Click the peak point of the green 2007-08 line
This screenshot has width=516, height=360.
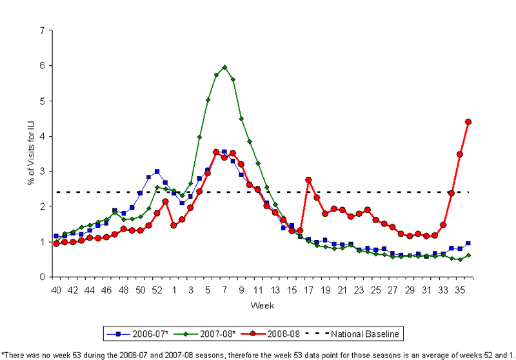pos(224,67)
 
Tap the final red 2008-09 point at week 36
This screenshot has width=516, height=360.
pos(468,122)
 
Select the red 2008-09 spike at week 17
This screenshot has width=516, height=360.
pos(308,180)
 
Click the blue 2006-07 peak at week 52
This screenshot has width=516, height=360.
pos(157,172)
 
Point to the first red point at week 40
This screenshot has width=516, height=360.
pos(56,244)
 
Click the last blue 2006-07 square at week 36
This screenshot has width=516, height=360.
pos(468,243)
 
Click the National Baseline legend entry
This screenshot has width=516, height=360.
pos(364,334)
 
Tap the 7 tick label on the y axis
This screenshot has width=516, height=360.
pos(42,30)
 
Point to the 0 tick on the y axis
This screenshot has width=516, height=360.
pos(42,277)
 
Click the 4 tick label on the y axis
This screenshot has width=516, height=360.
pos(42,136)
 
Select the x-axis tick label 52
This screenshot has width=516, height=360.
pos(157,291)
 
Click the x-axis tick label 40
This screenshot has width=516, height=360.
pos(56,291)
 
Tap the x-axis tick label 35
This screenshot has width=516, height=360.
pos(460,291)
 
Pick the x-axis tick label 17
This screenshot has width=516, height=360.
pos(308,291)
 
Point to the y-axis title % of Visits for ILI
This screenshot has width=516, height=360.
pos(30,154)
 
